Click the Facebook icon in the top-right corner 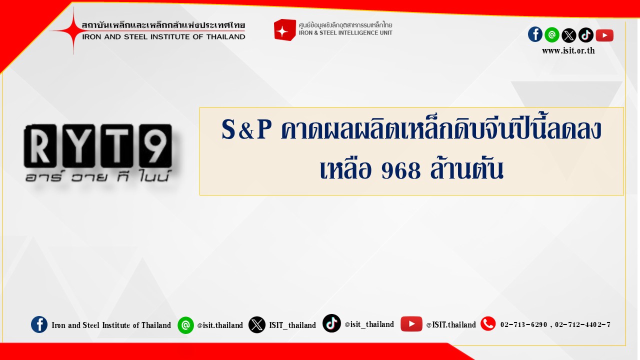535,34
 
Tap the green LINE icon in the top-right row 552,35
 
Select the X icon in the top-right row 569,35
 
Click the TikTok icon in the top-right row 585,35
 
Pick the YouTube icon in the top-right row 604,35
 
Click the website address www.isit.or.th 568,51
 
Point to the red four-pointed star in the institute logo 73,30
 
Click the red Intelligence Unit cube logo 284,30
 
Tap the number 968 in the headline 401,170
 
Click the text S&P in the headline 246,129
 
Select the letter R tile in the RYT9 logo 40,146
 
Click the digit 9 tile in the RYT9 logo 155,146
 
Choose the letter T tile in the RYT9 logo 117,146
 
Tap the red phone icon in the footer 488,323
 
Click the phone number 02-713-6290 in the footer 523,324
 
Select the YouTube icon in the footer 411,323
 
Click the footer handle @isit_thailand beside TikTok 369,324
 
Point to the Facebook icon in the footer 39,324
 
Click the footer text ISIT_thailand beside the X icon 292,325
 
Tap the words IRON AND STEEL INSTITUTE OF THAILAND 163,37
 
